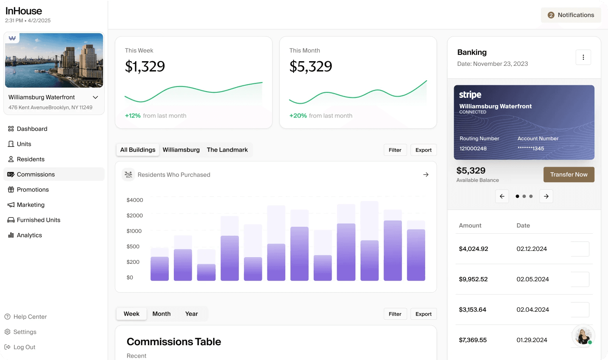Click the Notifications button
coord(571,15)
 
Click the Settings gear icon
coord(8,332)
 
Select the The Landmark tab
coord(227,150)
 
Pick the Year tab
coord(191,314)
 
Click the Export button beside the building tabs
coord(423,150)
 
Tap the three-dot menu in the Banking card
coord(583,57)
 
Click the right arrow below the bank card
coord(546,196)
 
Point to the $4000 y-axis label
coord(134,200)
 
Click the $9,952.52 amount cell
coord(473,279)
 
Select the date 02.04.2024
coord(532,309)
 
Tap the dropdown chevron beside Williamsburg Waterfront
coord(95,97)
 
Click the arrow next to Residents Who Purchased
coord(426,175)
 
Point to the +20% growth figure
coord(298,116)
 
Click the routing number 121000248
coord(473,148)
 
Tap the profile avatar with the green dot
coord(583,336)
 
